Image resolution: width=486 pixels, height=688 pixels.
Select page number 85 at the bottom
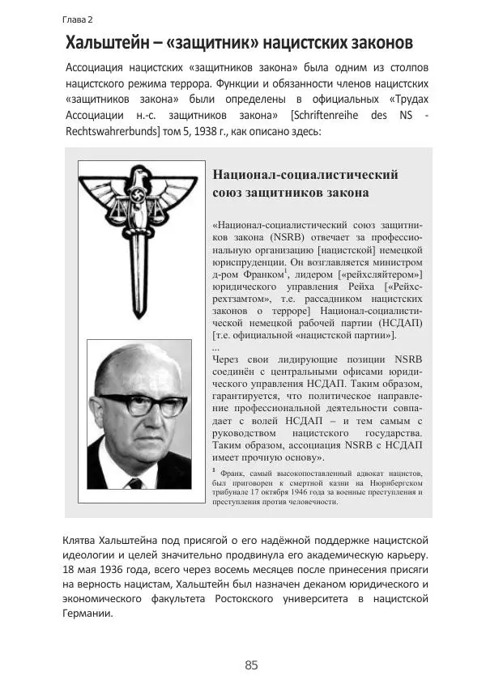pos(251,665)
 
